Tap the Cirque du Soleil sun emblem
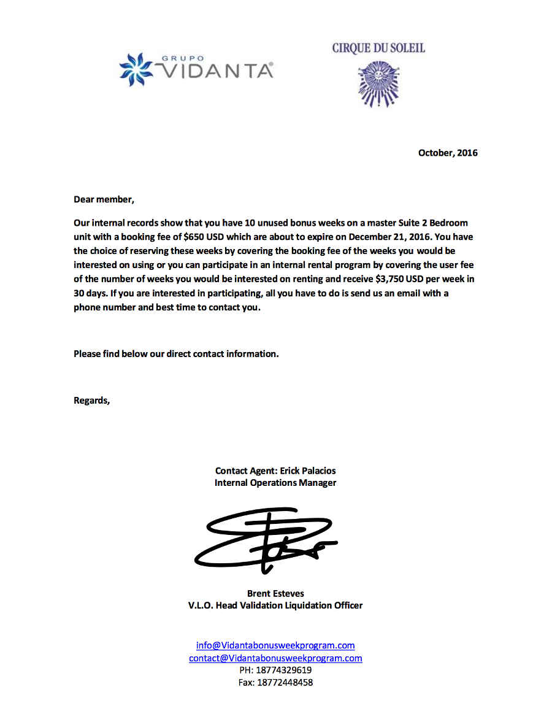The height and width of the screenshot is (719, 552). pyautogui.click(x=378, y=82)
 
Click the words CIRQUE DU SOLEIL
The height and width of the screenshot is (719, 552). pyautogui.click(x=378, y=48)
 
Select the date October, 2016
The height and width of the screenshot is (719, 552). pyautogui.click(x=448, y=153)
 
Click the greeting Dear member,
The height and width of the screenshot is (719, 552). pyautogui.click(x=103, y=199)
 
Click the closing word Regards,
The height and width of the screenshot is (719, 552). pyautogui.click(x=92, y=401)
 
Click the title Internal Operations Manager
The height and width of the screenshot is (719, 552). pyautogui.click(x=275, y=483)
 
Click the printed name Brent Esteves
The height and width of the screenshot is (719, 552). pyautogui.click(x=275, y=593)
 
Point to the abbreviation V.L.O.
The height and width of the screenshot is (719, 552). pyautogui.click(x=201, y=606)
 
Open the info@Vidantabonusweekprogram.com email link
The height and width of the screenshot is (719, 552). pyautogui.click(x=275, y=645)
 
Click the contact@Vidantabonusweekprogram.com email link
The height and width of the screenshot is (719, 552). pyautogui.click(x=275, y=658)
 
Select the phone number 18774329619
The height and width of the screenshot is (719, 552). pyautogui.click(x=283, y=671)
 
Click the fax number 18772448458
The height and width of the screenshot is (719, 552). pyautogui.click(x=285, y=682)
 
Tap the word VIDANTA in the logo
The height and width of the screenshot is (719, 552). pyautogui.click(x=218, y=71)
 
